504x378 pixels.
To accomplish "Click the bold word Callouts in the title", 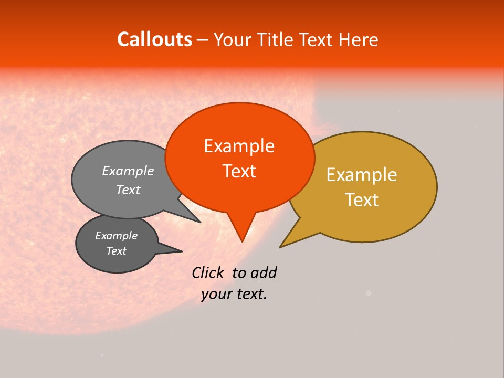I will click(154, 39).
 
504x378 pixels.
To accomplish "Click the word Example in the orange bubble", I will click(239, 146).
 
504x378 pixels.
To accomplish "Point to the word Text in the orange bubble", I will click(239, 171).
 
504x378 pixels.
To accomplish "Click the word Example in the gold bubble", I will click(362, 175).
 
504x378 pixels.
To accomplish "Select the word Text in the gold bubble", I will click(362, 200).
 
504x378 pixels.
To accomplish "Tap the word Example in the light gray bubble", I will click(128, 171).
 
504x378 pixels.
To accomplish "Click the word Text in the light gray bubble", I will click(128, 190).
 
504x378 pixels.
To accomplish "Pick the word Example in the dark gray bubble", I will click(116, 236).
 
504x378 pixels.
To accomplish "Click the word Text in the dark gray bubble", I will click(116, 251).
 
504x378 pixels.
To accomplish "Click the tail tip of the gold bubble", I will click(280, 247).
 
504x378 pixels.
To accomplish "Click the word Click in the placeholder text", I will click(208, 272).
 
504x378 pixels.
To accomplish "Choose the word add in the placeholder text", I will click(264, 272).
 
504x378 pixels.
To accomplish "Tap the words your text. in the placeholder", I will click(234, 295).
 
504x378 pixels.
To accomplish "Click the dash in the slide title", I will click(203, 40).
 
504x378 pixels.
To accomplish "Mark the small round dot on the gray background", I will click(368, 293).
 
